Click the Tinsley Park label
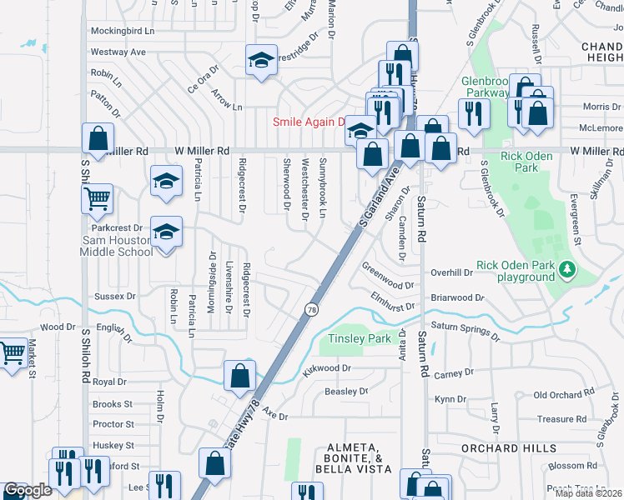coord(360,338)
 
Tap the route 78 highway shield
coord(310,309)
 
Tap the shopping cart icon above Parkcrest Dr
coord(98,198)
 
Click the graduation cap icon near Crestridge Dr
coord(261,59)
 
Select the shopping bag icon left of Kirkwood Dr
coord(239,374)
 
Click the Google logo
coord(28,491)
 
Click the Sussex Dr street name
coord(115,296)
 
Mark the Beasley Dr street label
coord(346,391)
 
